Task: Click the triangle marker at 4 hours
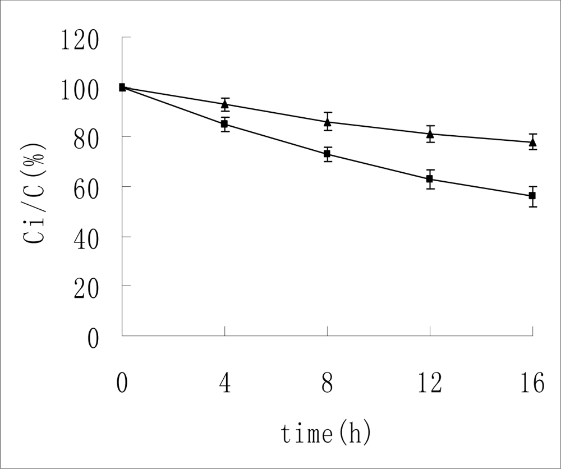pyautogui.click(x=224, y=104)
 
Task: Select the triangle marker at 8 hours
pyautogui.click(x=327, y=122)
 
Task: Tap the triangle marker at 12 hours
pyautogui.click(x=430, y=134)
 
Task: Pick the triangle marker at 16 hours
pyautogui.click(x=532, y=142)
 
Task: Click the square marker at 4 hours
pyautogui.click(x=224, y=124)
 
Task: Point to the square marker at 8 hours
pyautogui.click(x=327, y=154)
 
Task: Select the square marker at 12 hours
pyautogui.click(x=430, y=179)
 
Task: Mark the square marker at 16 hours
pyautogui.click(x=532, y=196)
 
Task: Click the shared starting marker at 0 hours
pyautogui.click(x=122, y=87)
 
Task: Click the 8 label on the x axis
pyautogui.click(x=327, y=384)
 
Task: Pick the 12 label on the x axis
pyautogui.click(x=429, y=384)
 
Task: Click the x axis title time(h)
pyautogui.click(x=327, y=434)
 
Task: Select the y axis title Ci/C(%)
pyautogui.click(x=35, y=193)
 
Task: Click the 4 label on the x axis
pyautogui.click(x=225, y=384)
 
